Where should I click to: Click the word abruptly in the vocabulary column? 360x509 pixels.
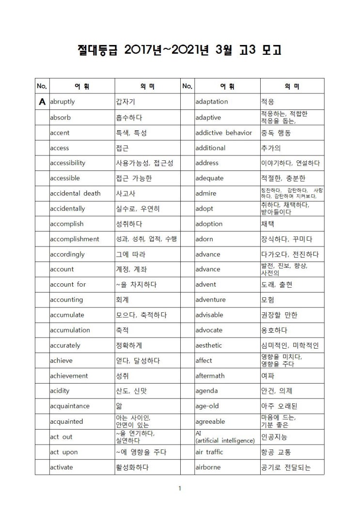(x=62, y=102)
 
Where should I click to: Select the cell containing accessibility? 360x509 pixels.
(x=67, y=163)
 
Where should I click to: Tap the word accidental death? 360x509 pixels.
(x=75, y=193)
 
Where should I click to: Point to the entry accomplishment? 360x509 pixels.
(x=74, y=239)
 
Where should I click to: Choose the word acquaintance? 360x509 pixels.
(x=69, y=406)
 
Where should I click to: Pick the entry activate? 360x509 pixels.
(x=61, y=467)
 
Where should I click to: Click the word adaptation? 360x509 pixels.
(x=211, y=102)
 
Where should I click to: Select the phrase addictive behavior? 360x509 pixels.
(x=223, y=132)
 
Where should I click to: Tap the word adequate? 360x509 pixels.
(x=209, y=178)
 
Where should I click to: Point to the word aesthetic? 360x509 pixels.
(x=208, y=345)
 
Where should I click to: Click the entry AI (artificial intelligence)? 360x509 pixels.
(x=225, y=437)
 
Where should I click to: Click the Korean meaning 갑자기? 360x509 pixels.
(x=125, y=102)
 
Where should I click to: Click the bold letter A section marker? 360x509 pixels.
(x=42, y=102)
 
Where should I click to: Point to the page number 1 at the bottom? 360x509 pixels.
(x=180, y=488)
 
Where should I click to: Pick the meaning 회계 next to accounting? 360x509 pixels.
(x=122, y=300)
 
